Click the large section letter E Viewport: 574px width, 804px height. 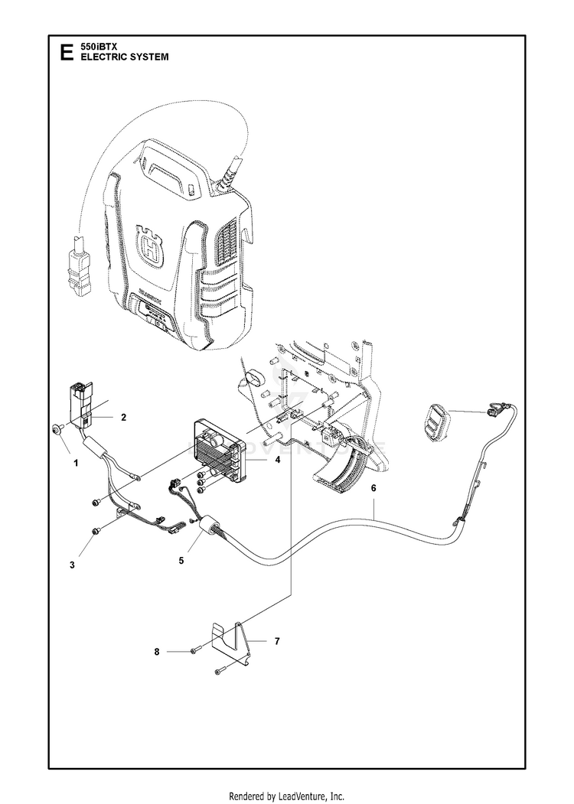coord(67,52)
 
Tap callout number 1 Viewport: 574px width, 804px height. coord(75,463)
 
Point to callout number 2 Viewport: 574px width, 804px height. coord(122,417)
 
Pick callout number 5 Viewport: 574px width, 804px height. coord(181,560)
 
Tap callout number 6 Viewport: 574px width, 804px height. coord(373,487)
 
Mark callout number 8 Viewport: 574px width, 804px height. coord(158,652)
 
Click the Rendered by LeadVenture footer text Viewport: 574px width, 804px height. coord(286,795)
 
